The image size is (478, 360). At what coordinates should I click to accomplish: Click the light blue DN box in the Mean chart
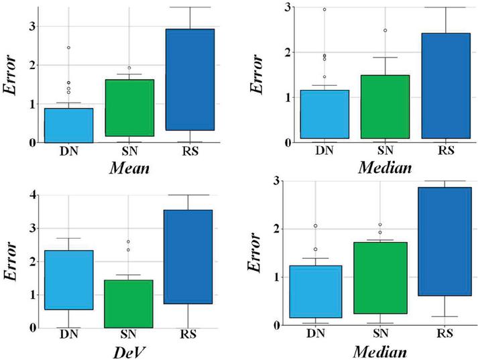point(69,125)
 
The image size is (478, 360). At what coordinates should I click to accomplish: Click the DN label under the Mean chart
point(69,151)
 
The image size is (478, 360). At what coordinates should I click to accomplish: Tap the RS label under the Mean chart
point(190,151)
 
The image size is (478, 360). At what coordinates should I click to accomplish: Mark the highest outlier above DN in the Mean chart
point(69,48)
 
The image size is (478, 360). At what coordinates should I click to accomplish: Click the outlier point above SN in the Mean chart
point(129,68)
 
